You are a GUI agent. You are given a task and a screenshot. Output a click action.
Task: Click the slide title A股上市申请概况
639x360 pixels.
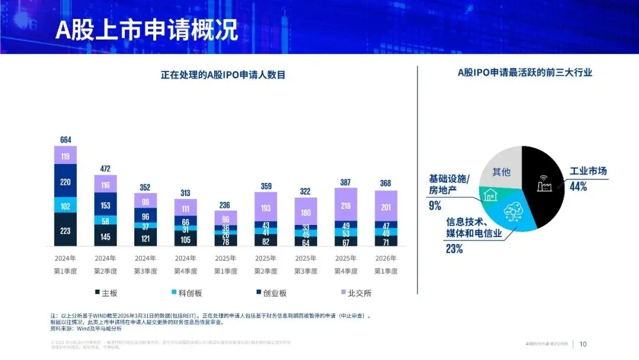point(147,30)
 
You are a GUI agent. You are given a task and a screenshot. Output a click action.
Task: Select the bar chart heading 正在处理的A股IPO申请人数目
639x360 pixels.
point(223,75)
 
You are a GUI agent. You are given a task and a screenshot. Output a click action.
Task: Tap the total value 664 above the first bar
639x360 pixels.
point(66,140)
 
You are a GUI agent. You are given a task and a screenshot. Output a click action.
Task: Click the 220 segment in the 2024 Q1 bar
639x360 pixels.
point(66,182)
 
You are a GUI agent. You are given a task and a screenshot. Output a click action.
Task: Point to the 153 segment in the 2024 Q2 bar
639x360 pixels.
point(105,205)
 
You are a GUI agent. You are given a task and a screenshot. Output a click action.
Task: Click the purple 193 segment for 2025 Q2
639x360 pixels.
point(266,208)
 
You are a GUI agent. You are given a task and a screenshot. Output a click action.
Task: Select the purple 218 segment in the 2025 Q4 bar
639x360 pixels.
point(346,205)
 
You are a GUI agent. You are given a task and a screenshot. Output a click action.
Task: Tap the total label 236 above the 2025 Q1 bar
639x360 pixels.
point(225,205)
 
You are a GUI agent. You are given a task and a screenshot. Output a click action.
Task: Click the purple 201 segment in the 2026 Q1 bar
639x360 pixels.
point(386,207)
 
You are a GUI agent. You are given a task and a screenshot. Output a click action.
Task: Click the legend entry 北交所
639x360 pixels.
point(355,293)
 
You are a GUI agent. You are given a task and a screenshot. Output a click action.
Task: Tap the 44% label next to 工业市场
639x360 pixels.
point(578,187)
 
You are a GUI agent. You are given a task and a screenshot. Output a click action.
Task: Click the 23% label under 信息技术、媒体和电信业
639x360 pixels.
point(454,249)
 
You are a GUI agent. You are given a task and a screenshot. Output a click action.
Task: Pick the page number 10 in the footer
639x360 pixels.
point(583,344)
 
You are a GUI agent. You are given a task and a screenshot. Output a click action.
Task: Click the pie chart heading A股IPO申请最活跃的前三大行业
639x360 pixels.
point(525,73)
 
